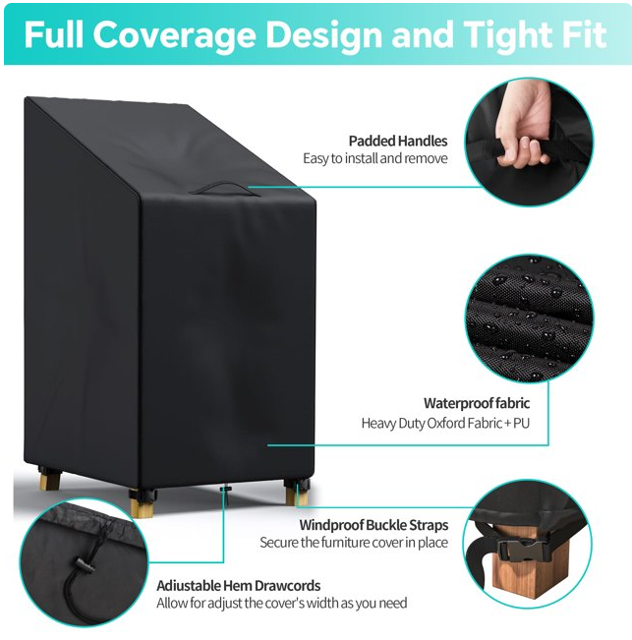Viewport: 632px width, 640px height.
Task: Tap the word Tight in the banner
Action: pyautogui.click(x=509, y=35)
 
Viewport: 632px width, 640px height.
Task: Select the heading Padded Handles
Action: pyautogui.click(x=398, y=141)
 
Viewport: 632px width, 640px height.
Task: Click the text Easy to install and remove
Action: pyautogui.click(x=374, y=158)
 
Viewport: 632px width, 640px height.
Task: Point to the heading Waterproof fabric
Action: pyautogui.click(x=477, y=403)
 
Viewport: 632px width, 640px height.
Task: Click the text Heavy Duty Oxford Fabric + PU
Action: pyautogui.click(x=445, y=424)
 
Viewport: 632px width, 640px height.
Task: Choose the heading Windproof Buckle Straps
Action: pyautogui.click(x=373, y=525)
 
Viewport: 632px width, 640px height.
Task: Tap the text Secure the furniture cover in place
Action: pyautogui.click(x=354, y=543)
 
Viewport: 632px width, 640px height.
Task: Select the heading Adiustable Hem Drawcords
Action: pyautogui.click(x=238, y=586)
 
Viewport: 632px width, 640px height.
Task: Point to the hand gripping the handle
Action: pyautogui.click(x=524, y=127)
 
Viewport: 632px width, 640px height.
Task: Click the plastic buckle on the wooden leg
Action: pyautogui.click(x=520, y=551)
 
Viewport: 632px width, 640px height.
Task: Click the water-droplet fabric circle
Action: pyautogui.click(x=529, y=319)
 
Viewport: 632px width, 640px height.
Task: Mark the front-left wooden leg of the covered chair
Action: pyautogui.click(x=142, y=504)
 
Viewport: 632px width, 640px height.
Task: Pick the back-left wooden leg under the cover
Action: pyautogui.click(x=49, y=480)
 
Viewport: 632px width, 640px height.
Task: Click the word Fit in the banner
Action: pyautogui.click(x=586, y=35)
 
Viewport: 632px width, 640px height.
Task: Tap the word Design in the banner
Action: pyautogui.click(x=324, y=35)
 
